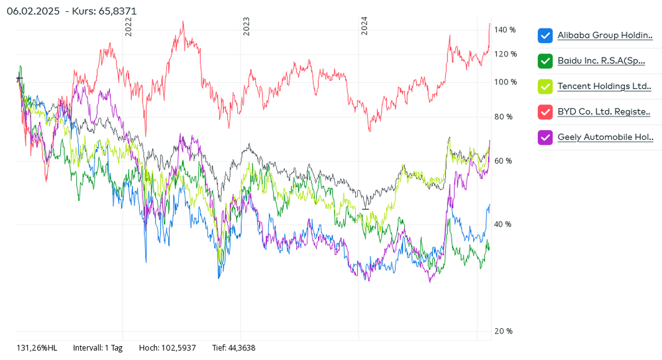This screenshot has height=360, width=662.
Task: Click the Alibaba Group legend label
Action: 605,35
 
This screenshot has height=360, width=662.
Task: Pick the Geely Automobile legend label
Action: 605,137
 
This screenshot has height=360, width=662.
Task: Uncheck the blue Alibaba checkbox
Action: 545,35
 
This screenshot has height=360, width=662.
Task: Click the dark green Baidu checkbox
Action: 545,61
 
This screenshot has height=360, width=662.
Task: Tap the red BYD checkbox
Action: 545,111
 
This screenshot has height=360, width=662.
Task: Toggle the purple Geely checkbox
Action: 545,137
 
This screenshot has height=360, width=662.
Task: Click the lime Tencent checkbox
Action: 545,86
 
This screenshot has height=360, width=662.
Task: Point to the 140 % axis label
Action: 505,30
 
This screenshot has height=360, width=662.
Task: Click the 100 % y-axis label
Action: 505,82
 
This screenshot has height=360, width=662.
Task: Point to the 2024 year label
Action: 364,26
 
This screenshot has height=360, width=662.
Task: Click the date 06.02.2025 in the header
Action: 32,11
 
